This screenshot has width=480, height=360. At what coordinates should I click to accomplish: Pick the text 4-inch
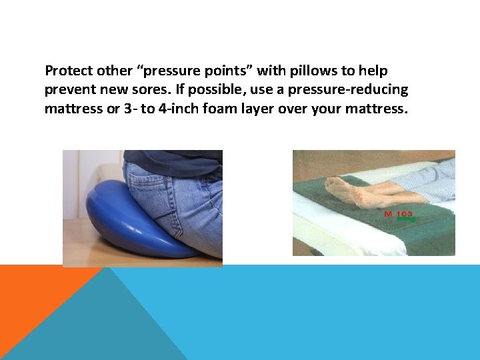[191, 108]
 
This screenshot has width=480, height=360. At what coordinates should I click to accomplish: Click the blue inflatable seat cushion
[120, 227]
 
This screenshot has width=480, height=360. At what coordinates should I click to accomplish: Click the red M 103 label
[398, 215]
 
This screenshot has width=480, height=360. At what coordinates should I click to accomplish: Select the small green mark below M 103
[405, 219]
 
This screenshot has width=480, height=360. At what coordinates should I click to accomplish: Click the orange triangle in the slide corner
[33, 293]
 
